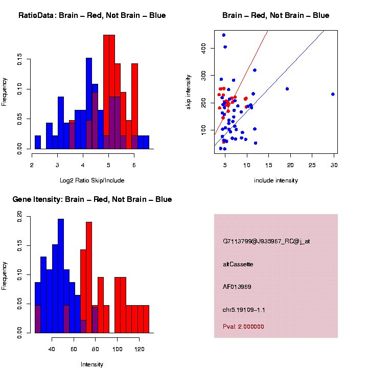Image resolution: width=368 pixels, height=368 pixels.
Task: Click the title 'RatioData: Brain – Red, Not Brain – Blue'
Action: (92, 15)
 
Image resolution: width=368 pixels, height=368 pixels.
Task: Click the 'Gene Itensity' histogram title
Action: (92, 199)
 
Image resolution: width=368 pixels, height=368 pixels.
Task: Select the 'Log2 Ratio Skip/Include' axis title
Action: (92, 180)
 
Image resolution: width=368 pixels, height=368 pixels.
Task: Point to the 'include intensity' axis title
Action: (275, 180)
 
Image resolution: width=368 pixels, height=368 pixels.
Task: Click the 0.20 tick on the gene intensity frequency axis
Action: (19, 217)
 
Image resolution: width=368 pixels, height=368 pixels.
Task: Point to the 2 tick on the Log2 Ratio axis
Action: (32, 165)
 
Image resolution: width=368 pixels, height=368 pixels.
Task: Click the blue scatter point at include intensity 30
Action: (333, 94)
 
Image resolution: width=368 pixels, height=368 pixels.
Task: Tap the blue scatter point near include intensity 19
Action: (287, 89)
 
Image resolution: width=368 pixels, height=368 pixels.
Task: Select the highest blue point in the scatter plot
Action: (224, 35)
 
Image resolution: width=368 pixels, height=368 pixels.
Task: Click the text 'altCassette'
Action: (238, 264)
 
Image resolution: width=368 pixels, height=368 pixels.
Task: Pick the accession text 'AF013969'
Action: (237, 287)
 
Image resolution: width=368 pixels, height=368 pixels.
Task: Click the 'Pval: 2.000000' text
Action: (243, 326)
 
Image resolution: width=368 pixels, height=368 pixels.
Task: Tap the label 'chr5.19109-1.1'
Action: (244, 310)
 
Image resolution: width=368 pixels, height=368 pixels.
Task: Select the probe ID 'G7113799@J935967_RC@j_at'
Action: (266, 241)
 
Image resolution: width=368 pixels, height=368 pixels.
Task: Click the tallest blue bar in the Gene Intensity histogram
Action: (61, 276)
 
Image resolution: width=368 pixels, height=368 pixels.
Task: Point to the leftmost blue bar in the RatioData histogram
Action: (38, 142)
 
